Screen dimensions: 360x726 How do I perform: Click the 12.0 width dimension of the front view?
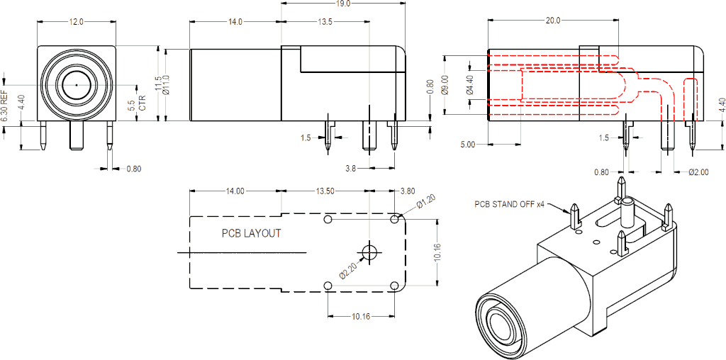(x=76, y=22)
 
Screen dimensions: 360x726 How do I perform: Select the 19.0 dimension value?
(x=343, y=4)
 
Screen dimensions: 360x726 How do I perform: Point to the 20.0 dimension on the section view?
(x=553, y=21)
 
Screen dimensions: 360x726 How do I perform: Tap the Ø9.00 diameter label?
(x=445, y=85)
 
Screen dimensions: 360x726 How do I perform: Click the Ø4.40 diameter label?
(x=469, y=85)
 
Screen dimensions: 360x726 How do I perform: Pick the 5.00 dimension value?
(x=468, y=145)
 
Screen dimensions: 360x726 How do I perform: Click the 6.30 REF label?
(x=5, y=106)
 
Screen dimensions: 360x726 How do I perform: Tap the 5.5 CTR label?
(x=136, y=104)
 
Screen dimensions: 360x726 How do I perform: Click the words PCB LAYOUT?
(x=252, y=233)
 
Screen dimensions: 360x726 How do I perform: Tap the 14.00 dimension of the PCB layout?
(x=235, y=191)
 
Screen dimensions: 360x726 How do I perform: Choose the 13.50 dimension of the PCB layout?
(x=325, y=191)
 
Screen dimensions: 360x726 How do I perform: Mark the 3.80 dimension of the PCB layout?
(x=408, y=191)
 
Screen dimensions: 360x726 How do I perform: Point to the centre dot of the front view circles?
(x=76, y=85)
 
